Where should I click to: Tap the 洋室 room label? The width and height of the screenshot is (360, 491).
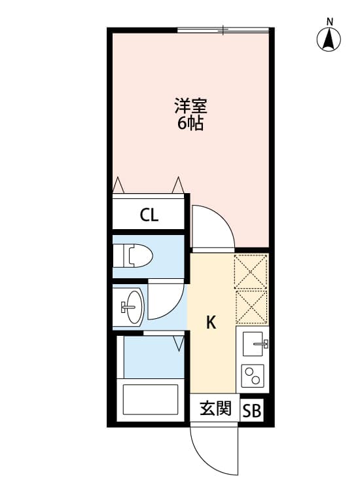pos(189,105)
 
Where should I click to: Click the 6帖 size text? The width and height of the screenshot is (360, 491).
pos(189,123)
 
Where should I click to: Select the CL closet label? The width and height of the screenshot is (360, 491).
pos(149,215)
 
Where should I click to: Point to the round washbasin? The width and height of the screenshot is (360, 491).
pos(133,306)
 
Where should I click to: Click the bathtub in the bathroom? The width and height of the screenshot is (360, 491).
pos(150,400)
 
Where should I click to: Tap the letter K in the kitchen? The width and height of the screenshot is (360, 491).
pos(211,321)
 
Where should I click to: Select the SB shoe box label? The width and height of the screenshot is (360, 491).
pos(252,411)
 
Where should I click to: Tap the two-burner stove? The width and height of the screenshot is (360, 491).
pos(252,376)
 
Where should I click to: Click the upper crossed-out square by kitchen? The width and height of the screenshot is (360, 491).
pos(251,271)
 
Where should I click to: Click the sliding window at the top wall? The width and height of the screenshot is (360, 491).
pos(223,29)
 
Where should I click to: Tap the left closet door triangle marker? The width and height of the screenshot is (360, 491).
pos(118,185)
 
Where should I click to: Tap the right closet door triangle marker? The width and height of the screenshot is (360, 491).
pos(177,185)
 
